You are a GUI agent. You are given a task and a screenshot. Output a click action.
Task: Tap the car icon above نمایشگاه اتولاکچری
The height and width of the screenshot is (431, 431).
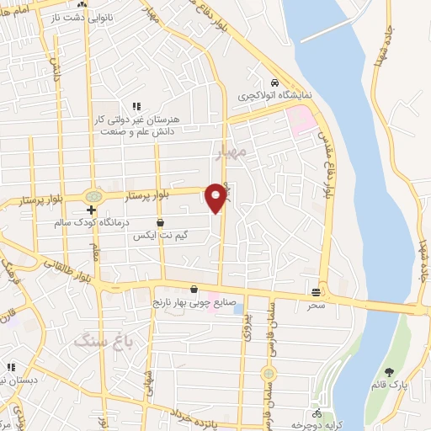(274, 83)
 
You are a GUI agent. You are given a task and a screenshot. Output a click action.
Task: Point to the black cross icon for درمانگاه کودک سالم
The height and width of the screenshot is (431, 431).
(91, 210)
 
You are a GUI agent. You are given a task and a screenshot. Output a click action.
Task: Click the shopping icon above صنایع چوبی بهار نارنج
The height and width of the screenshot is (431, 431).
(194, 290)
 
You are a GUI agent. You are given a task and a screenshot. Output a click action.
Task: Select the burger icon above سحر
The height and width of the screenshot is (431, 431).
(316, 292)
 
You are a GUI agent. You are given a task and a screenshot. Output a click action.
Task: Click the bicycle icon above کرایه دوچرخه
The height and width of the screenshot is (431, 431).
(317, 413)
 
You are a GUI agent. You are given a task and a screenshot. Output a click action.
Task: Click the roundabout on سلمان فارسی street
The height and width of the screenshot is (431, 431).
(269, 372)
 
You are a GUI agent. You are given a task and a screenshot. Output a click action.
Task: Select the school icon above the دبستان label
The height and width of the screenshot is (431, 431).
(11, 367)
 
